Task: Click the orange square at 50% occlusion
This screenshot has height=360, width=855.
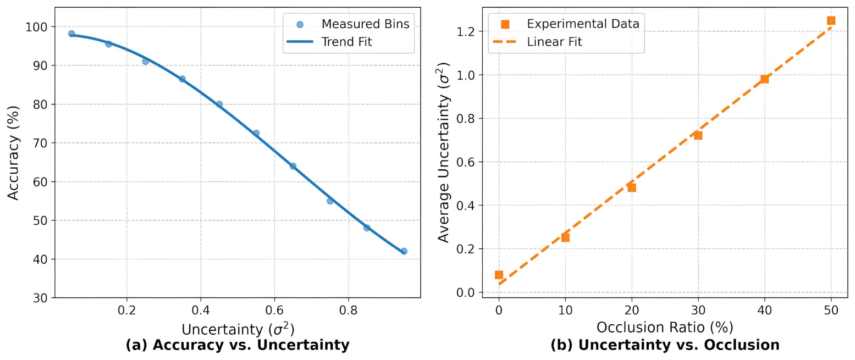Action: pos(831,20)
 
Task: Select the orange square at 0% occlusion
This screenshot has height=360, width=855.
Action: pos(499,275)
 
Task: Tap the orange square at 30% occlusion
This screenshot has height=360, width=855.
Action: pos(698,135)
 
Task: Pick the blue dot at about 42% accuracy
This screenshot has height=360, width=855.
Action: pos(404,251)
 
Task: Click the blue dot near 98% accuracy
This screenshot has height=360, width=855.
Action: pos(71,34)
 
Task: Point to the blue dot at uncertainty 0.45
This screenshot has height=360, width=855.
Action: pos(219,104)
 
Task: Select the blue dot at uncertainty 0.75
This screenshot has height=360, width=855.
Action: pos(330,201)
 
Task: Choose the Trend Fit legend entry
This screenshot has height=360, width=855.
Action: pos(346,42)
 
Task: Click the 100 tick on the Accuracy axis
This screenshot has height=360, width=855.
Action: pos(40,27)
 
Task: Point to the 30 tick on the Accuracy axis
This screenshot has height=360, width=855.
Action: pos(43,298)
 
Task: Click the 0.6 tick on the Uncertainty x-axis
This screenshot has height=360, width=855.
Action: pos(274,310)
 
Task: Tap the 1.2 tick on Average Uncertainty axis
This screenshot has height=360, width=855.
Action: pos(468,31)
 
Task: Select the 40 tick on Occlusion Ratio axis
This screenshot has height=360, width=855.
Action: pos(764,310)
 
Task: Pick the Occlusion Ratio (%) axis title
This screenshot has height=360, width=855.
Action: pos(665,328)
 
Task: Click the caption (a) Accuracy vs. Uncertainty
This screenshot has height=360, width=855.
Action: pos(238,345)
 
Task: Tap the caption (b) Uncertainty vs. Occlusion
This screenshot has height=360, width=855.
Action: pos(665,345)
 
